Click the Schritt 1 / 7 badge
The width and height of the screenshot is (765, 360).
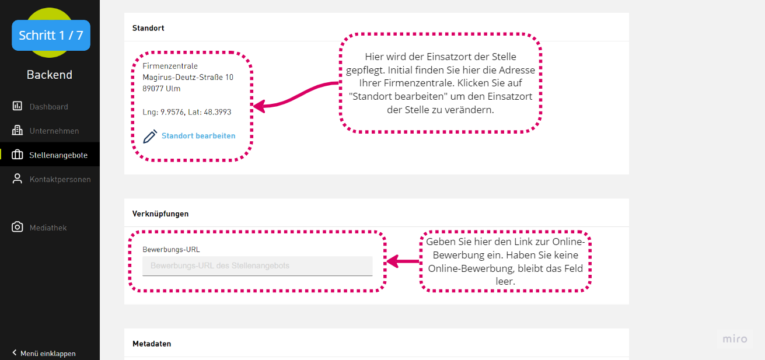tap(51, 35)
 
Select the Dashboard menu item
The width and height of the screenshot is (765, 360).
tap(48, 107)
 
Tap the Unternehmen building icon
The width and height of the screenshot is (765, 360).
tap(18, 131)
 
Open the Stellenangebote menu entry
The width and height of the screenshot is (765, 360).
tap(58, 155)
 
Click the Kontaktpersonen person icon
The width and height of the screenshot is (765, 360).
tap(17, 179)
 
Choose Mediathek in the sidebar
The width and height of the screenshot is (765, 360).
tap(48, 228)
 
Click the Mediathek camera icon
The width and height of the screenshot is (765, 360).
tap(18, 227)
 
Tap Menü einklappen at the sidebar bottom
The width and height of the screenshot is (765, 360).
tap(44, 353)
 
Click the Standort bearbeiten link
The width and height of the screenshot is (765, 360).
tap(198, 135)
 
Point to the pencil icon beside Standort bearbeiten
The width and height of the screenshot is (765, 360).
tap(150, 137)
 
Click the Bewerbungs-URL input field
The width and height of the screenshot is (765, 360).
tap(257, 265)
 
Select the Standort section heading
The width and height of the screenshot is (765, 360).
tap(148, 28)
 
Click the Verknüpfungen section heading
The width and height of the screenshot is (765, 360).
tap(160, 214)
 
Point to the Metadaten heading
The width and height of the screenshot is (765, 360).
tap(152, 344)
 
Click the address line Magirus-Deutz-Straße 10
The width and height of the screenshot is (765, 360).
tap(188, 77)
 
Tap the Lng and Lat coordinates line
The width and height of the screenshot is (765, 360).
tap(187, 112)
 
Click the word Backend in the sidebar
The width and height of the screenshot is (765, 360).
tap(50, 75)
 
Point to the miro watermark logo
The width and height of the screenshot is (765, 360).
tap(735, 339)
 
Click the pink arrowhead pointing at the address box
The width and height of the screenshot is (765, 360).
tap(260, 106)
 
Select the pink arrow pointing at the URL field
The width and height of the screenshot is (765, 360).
tap(403, 261)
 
